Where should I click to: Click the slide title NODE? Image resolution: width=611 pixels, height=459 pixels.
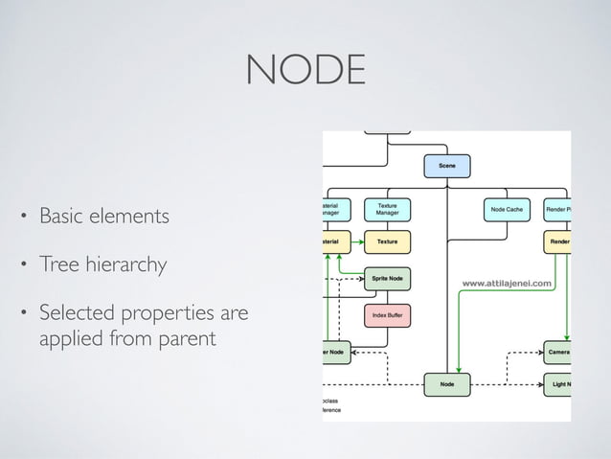tap(305, 70)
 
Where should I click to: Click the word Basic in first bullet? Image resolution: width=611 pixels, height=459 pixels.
tap(61, 217)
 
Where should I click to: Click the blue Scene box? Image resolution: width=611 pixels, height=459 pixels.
tap(447, 167)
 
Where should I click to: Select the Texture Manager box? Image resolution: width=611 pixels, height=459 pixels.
tap(387, 210)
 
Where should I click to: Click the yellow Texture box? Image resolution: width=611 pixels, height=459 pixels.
tap(387, 241)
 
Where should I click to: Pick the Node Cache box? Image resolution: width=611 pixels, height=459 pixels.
tap(507, 210)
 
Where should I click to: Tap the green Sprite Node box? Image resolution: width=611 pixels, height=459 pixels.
tap(387, 279)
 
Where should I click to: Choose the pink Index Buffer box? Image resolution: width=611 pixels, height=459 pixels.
tap(387, 314)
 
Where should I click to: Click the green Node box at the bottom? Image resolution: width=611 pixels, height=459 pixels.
tap(447, 384)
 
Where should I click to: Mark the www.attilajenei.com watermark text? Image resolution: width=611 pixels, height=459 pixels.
tap(508, 283)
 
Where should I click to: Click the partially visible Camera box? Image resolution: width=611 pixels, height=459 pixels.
tap(557, 353)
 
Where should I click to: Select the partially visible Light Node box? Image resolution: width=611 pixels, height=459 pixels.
tap(557, 384)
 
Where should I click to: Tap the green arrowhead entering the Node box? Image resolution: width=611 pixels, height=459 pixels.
tap(459, 370)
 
